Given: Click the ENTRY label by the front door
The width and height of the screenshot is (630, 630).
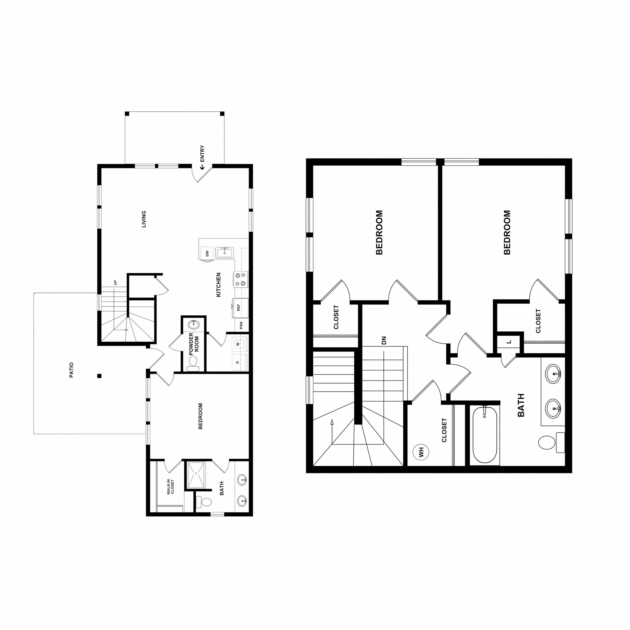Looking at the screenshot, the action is click(x=202, y=154).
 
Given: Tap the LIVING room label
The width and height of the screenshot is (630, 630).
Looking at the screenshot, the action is click(x=144, y=219).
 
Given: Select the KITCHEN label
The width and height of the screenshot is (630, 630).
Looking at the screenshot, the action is click(x=218, y=285).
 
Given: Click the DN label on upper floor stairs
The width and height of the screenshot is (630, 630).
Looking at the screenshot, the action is click(x=384, y=340).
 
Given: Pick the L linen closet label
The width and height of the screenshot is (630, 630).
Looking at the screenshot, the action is click(x=509, y=342).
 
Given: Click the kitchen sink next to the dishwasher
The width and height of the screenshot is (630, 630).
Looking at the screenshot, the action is click(x=224, y=253).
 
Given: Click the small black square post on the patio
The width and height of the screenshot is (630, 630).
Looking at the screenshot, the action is click(x=100, y=376).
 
